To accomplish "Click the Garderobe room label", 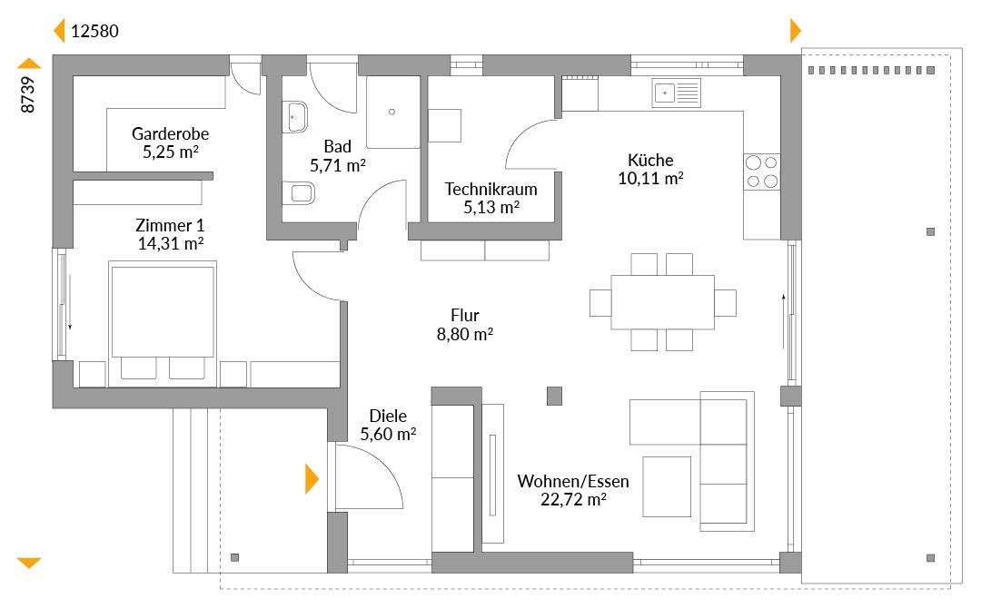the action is tap(170, 133).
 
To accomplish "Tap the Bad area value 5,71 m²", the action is tap(338, 165).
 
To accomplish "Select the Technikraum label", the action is tap(491, 189).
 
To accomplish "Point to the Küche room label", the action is tap(650, 160).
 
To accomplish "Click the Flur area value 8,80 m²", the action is tap(465, 334).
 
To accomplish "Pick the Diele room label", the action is tap(388, 416).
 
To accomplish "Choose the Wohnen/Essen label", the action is tap(573, 482).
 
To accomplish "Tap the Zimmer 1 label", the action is tap(170, 225).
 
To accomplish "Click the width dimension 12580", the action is tap(94, 31).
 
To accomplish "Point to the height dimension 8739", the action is tap(27, 95).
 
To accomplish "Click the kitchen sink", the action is tap(677, 93).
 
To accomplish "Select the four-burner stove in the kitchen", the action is tap(762, 172).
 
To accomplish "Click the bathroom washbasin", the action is tap(294, 117).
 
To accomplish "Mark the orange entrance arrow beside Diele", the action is tap(312, 479).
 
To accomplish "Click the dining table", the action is tap(662, 302).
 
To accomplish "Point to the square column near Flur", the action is tap(554, 396).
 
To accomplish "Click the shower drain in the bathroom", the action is tap(391, 112).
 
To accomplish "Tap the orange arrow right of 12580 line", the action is tap(795, 31).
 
